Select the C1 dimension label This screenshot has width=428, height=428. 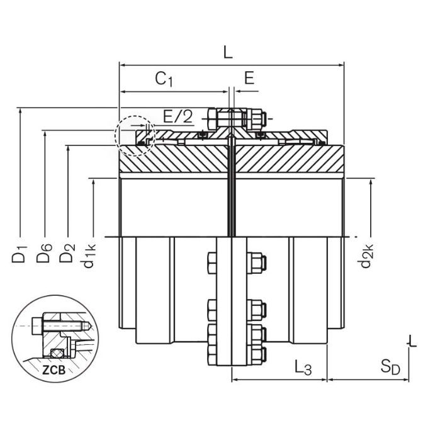(x=164, y=79)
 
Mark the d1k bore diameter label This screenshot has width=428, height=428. (x=91, y=255)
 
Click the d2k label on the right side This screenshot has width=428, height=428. (x=367, y=255)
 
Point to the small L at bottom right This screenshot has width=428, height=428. (x=412, y=342)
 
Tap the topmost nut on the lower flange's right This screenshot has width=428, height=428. (x=256, y=261)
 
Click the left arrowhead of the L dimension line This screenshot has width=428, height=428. (x=121, y=64)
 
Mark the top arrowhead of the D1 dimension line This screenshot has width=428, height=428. (x=21, y=110)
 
